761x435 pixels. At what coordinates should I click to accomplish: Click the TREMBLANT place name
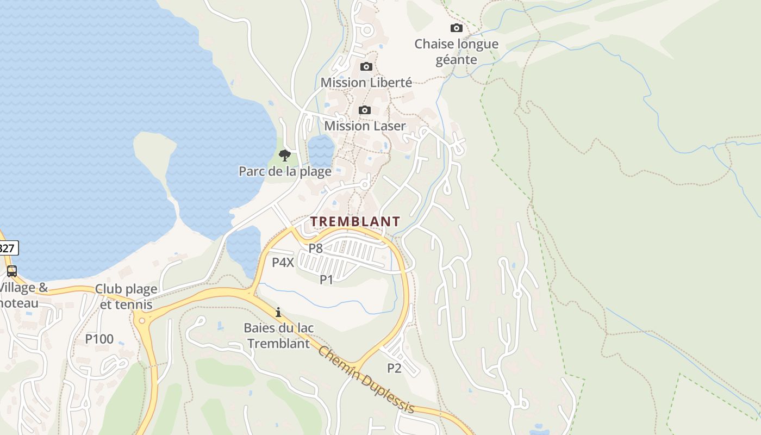(x=355, y=221)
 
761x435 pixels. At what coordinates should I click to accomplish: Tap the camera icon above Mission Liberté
(x=366, y=66)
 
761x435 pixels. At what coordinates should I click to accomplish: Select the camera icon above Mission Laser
(x=365, y=110)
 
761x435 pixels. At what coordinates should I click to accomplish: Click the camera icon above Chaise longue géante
(x=457, y=28)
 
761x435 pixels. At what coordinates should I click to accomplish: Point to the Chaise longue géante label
(x=456, y=52)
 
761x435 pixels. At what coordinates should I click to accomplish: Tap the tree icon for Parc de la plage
(x=284, y=156)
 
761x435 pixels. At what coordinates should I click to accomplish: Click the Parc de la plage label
(x=285, y=172)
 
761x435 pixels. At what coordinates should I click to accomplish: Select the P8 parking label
(x=316, y=248)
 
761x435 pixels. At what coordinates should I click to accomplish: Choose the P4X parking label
(x=283, y=263)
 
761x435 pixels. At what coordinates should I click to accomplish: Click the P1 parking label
(x=326, y=279)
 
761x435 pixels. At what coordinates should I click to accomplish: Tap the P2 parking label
(x=394, y=368)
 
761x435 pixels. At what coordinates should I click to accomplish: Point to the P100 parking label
(x=99, y=339)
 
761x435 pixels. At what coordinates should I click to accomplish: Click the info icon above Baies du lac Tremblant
(x=278, y=312)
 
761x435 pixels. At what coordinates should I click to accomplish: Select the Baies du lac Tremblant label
(x=279, y=335)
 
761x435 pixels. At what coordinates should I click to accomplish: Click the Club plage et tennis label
(x=126, y=296)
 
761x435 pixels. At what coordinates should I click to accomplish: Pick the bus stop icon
(x=11, y=271)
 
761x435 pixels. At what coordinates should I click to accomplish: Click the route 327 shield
(x=8, y=248)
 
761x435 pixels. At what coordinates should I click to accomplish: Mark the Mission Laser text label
(x=365, y=126)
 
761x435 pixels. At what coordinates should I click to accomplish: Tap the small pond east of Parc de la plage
(x=321, y=150)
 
